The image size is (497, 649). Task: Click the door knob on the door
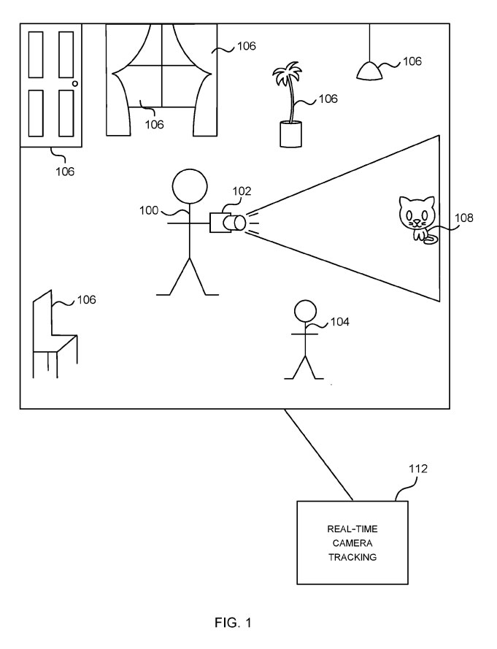pos(74,85)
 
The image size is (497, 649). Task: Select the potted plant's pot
pos(290,134)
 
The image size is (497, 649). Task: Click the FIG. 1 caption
pos(234,623)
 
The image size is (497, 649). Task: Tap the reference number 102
pos(242,191)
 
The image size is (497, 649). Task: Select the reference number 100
pos(149,211)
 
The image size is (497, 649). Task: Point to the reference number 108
pos(463,217)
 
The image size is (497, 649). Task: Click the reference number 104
pos(340,321)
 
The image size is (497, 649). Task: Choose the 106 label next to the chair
pos(86,299)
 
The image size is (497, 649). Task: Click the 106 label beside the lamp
pos(412,61)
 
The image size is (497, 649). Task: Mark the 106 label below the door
pos(65,172)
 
